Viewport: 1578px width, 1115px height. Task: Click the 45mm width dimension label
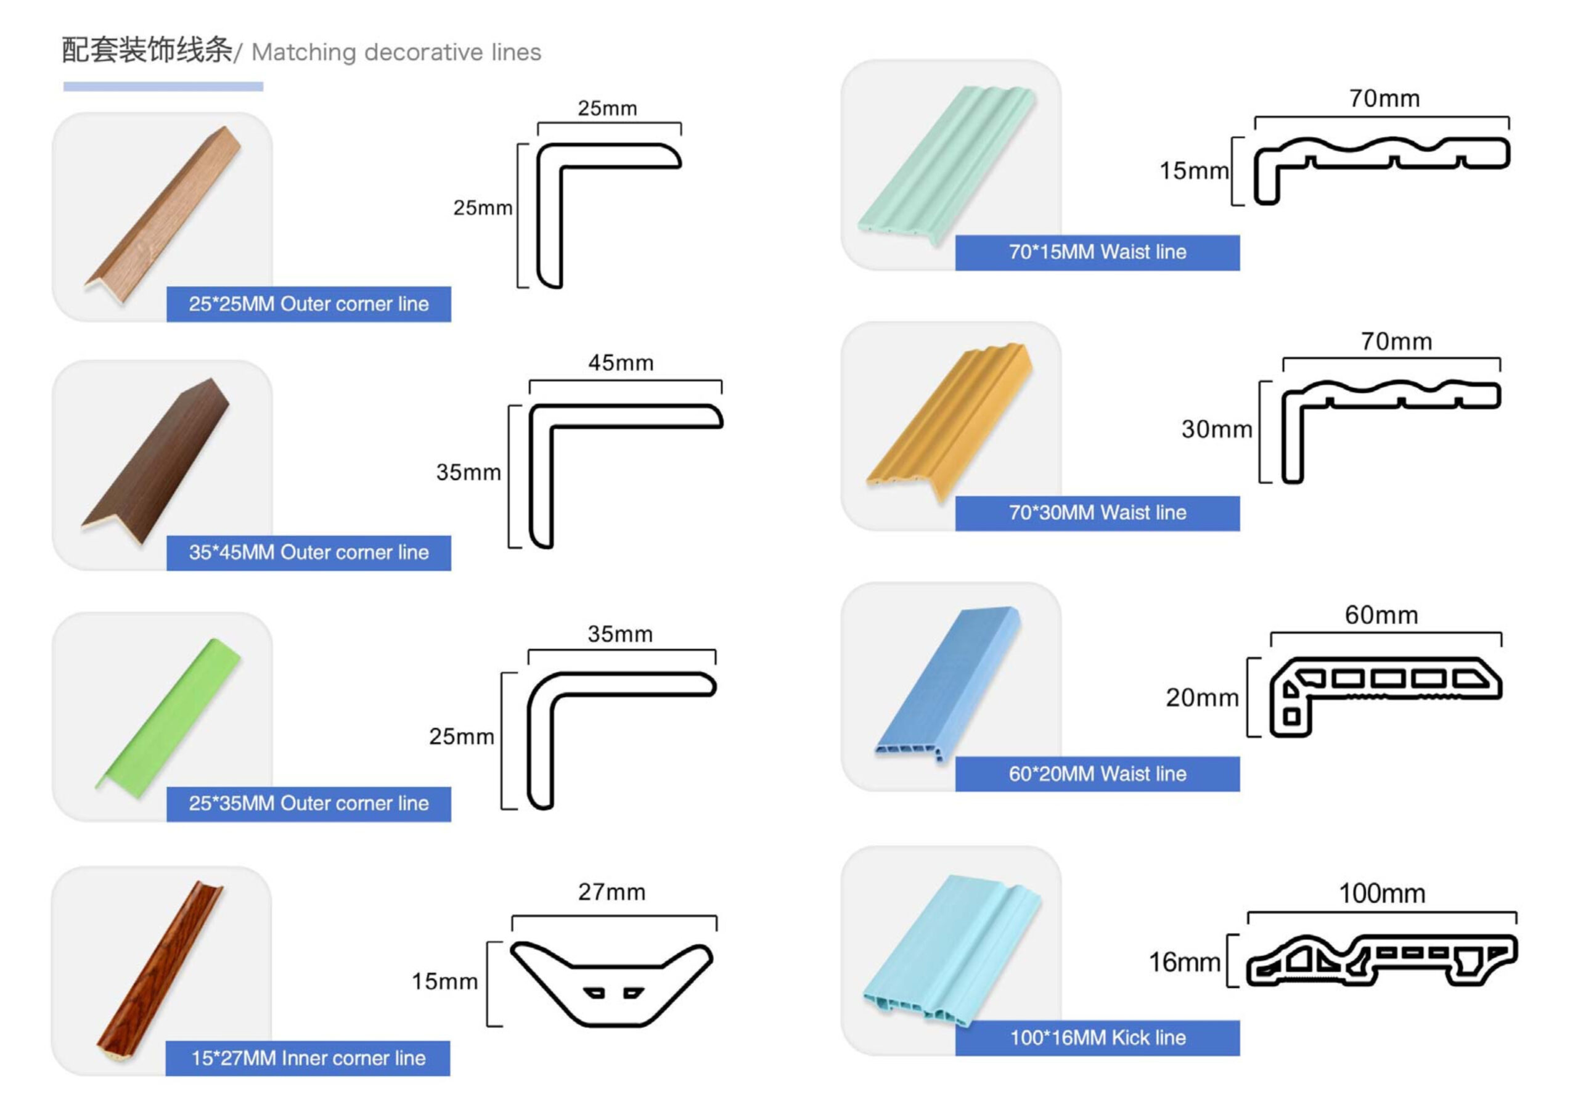621,363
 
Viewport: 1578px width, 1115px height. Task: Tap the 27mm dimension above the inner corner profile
611,892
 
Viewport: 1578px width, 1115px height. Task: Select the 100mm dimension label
1381,894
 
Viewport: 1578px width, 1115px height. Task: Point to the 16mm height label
1184,962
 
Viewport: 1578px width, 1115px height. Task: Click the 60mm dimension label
1381,615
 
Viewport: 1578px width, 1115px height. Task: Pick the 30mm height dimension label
1217,430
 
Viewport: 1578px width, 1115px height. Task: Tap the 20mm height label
1201,698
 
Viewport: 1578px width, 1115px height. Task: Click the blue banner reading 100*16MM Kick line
1097,1038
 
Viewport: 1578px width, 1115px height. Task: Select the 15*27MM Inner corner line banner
308,1059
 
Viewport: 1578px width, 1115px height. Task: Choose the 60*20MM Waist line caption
1097,774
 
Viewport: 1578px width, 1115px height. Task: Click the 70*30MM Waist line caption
1097,513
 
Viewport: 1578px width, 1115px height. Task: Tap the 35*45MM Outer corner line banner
309,553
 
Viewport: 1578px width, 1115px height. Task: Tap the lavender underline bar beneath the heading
163,87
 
